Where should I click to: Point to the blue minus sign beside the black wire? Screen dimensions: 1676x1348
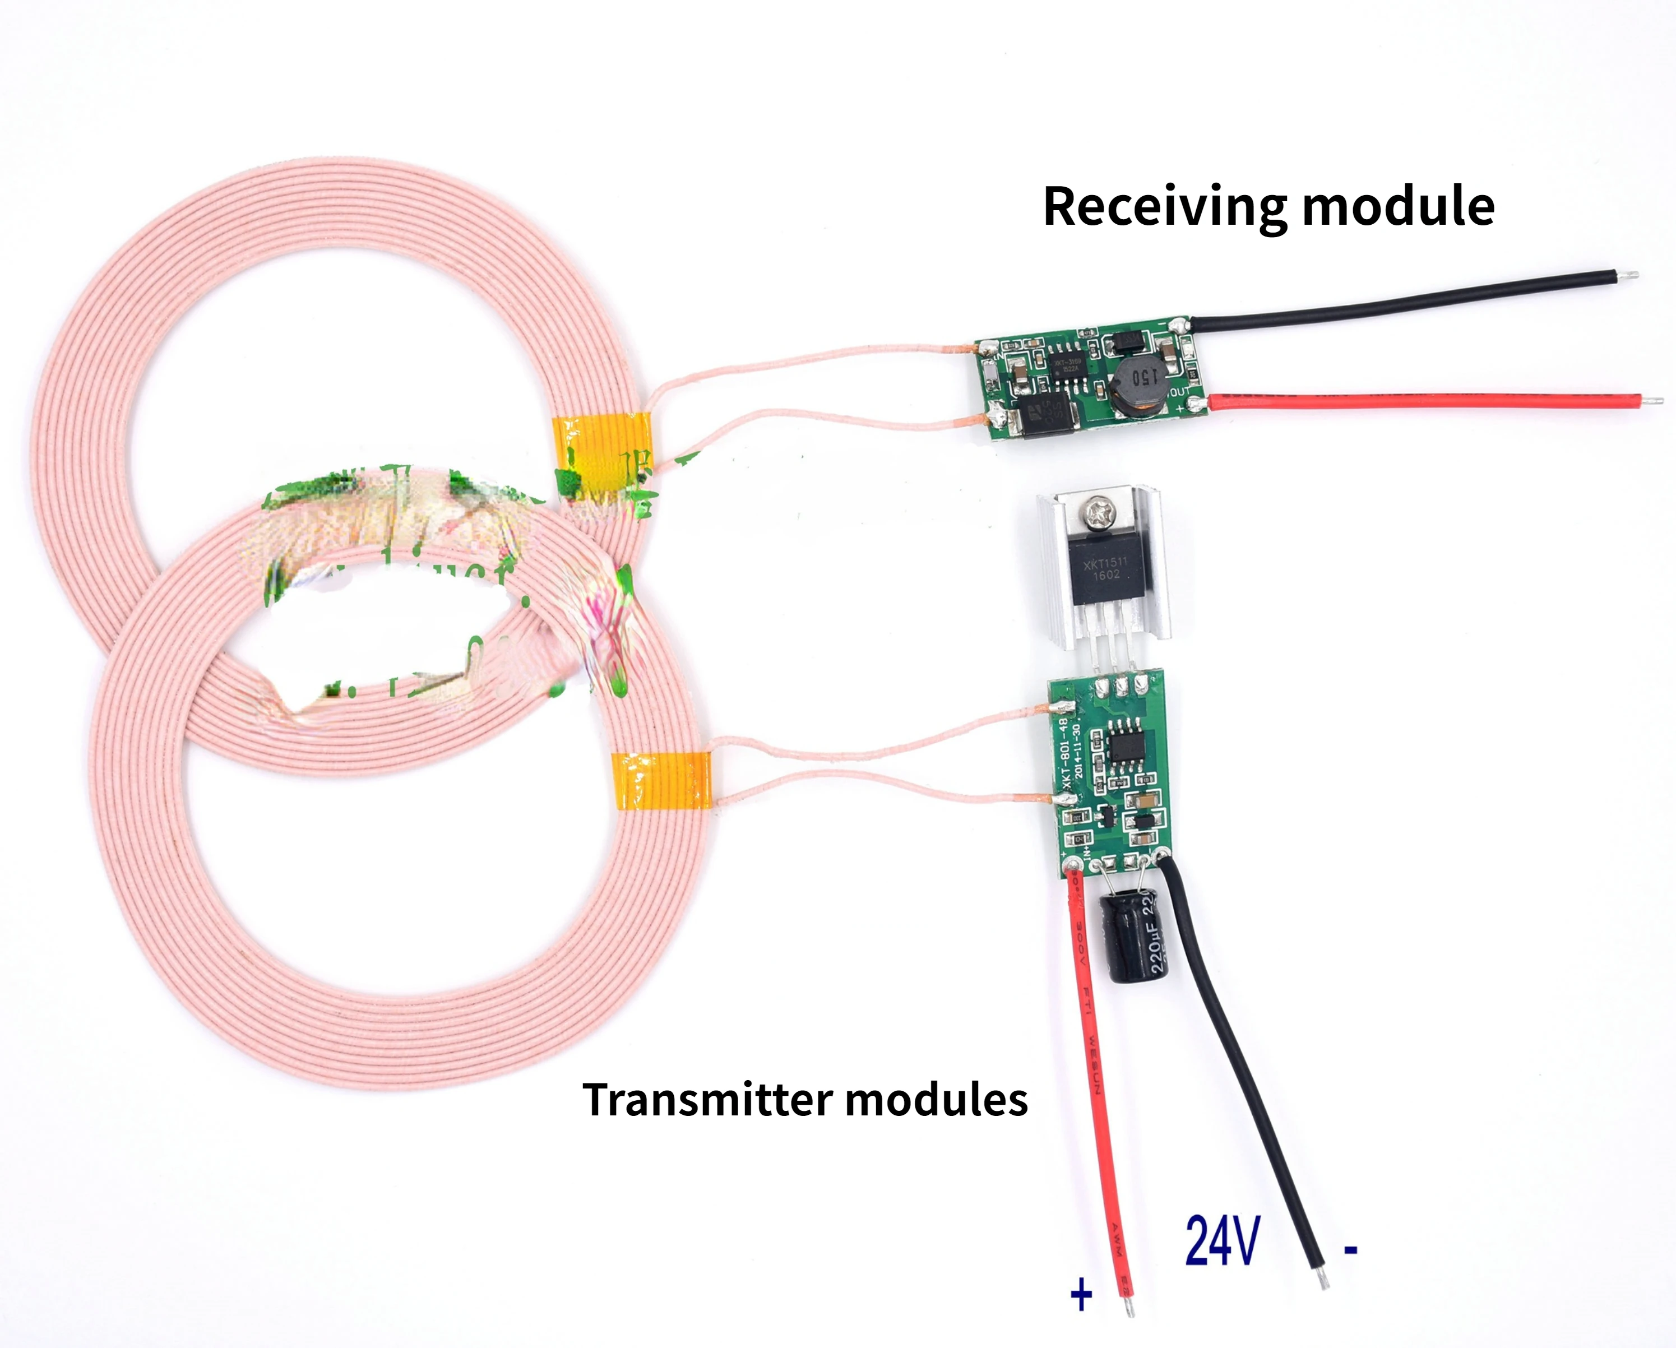pyautogui.click(x=1351, y=1250)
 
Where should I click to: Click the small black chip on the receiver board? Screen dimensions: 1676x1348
pyautogui.click(x=1067, y=367)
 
